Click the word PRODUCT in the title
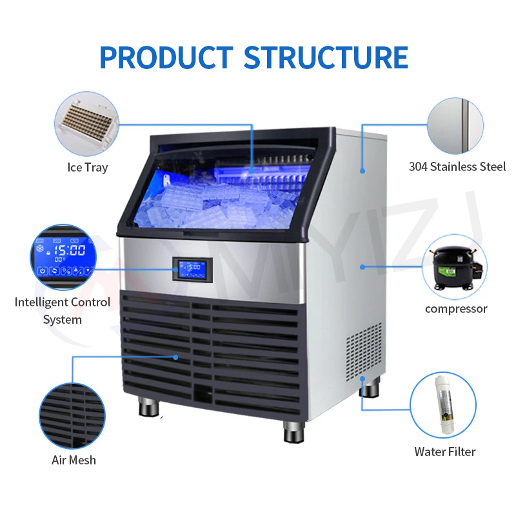click(166, 57)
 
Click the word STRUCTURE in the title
click(326, 57)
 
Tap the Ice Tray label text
click(88, 168)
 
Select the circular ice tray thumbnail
click(86, 124)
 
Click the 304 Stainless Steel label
click(457, 166)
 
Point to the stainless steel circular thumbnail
click(455, 125)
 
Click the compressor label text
click(456, 309)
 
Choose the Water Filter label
click(445, 452)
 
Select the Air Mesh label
click(74, 460)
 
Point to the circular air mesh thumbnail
click(72, 416)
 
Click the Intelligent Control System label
click(63, 311)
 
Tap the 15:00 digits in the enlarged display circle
click(70, 250)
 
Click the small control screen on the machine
click(192, 270)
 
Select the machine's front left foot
click(149, 407)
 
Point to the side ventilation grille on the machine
click(364, 352)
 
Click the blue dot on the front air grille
click(175, 357)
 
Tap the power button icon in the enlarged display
click(42, 271)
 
